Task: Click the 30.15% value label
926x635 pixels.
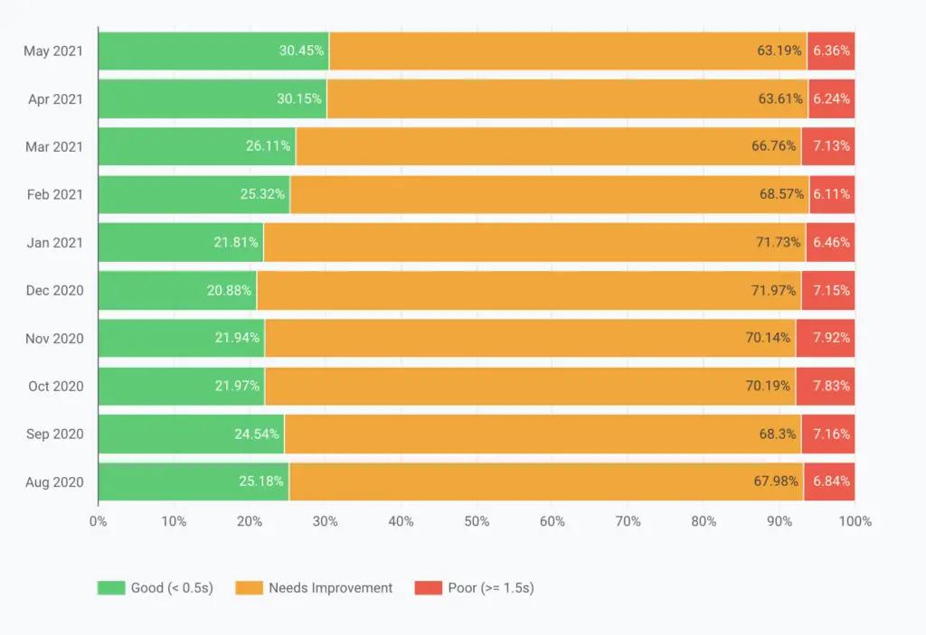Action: tap(299, 98)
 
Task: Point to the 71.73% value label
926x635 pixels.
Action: tap(775, 242)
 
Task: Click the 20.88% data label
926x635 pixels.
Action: tap(231, 290)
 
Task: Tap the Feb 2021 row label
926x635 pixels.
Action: tap(55, 194)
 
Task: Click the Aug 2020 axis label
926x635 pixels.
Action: tap(54, 481)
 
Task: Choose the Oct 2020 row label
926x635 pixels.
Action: tap(56, 386)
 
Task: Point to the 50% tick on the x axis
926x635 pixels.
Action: tap(477, 521)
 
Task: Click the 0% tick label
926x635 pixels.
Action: tap(98, 521)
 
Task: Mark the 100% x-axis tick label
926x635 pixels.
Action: tap(855, 521)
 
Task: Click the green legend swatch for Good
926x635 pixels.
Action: tap(110, 588)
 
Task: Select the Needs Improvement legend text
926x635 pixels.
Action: tap(330, 588)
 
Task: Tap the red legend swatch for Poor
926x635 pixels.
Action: tap(428, 588)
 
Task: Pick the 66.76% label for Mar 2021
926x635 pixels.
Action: tap(774, 146)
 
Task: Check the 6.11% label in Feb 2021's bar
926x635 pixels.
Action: tap(831, 194)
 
